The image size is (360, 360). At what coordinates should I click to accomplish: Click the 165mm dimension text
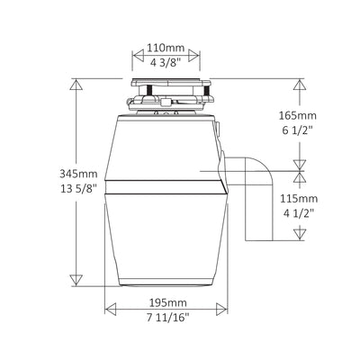[298, 116]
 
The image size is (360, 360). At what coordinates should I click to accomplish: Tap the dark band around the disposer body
[166, 186]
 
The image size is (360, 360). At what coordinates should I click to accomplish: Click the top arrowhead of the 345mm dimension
[75, 84]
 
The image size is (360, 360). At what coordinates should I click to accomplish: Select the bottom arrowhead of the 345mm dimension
[75, 281]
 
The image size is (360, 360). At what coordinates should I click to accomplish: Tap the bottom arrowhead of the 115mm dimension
[297, 238]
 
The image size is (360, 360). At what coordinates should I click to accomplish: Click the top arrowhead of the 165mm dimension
[297, 84]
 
